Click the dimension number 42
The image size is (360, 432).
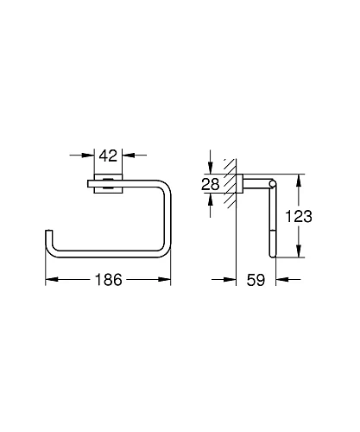pyautogui.click(x=108, y=157)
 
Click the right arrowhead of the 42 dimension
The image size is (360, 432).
pyautogui.click(x=126, y=157)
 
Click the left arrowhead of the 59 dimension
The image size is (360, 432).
pyautogui.click(x=230, y=280)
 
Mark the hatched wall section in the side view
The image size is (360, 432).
pyautogui.click(x=230, y=183)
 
